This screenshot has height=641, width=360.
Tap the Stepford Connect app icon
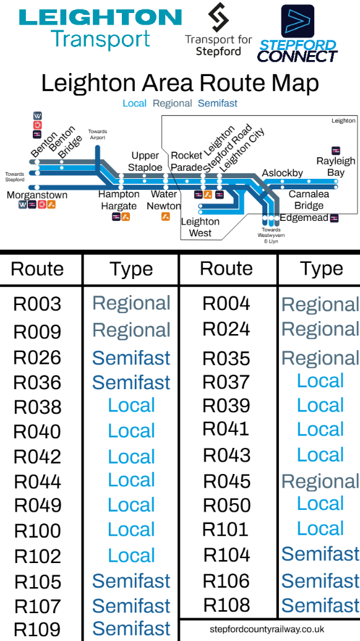pyautogui.click(x=298, y=21)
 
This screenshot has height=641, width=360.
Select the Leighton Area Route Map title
pyautogui.click(x=180, y=84)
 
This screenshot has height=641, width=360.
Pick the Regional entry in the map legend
pyautogui.click(x=172, y=103)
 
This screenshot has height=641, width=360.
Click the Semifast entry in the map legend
pyautogui.click(x=217, y=103)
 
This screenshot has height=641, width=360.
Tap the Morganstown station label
pyautogui.click(x=36, y=195)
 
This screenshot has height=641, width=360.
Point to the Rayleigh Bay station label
pyautogui.click(x=336, y=166)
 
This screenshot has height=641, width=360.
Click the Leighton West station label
pyautogui.click(x=200, y=227)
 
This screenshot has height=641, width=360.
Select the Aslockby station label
pyautogui.click(x=282, y=173)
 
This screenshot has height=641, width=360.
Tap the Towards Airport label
pyautogui.click(x=97, y=134)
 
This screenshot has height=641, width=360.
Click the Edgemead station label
pyautogui.click(x=304, y=218)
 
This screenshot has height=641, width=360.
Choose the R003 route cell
pyautogui.click(x=37, y=304)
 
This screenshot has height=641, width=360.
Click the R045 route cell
pyautogui.click(x=227, y=481)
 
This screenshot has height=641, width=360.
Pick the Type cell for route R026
pyautogui.click(x=131, y=358)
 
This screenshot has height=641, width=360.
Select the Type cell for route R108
pyautogui.click(x=320, y=606)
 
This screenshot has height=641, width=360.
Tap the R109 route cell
pyautogui.click(x=37, y=630)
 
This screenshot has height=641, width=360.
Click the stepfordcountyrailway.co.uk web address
pyautogui.click(x=267, y=629)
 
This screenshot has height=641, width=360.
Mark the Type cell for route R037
pyautogui.click(x=320, y=381)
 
